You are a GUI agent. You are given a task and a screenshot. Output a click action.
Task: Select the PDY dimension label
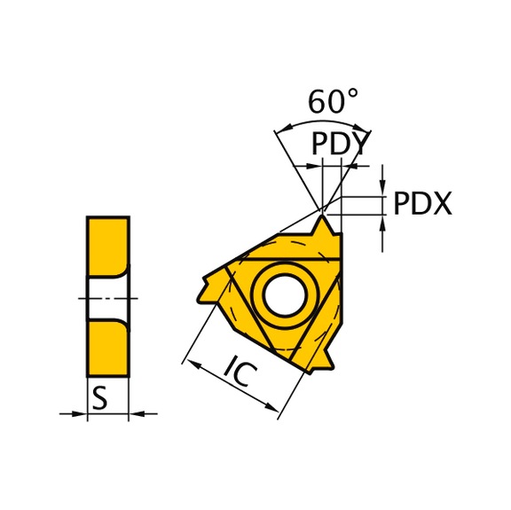click(340, 143)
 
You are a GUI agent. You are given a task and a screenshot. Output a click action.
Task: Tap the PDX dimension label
click(422, 204)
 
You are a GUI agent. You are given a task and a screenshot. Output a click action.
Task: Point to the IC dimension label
click(240, 373)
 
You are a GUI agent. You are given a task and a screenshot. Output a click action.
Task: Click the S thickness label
click(100, 399)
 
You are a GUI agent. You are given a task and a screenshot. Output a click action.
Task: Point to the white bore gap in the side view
click(106, 296)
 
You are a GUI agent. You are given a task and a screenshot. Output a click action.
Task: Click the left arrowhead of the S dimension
click(81, 412)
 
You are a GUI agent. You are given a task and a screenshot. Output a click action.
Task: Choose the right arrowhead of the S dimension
click(135, 412)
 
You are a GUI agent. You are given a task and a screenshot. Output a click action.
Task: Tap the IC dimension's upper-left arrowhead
click(188, 362)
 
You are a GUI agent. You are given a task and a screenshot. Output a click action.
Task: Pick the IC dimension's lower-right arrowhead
click(272, 406)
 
